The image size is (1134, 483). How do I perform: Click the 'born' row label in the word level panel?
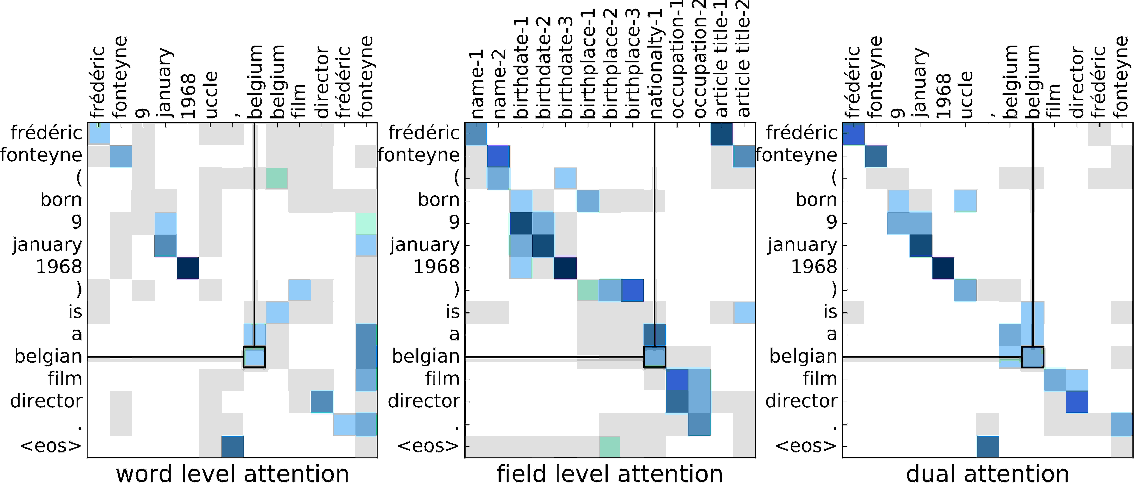click(61, 200)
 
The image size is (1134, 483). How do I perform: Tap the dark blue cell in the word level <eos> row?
click(232, 446)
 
